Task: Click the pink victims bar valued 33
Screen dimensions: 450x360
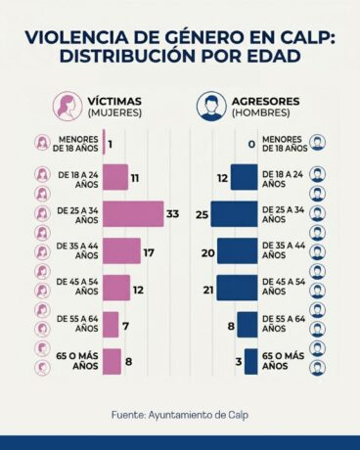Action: [x=133, y=213]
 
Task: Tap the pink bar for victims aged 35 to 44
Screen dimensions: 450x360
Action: [x=121, y=250]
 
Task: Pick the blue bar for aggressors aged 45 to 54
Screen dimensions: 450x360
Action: [x=237, y=288]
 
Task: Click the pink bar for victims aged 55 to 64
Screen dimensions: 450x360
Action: [x=111, y=324]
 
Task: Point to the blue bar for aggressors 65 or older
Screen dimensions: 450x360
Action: [x=250, y=361]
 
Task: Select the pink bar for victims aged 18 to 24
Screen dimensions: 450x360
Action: [x=114, y=177]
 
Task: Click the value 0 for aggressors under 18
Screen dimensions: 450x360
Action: [x=251, y=144]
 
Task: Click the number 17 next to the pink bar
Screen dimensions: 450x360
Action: [x=150, y=251]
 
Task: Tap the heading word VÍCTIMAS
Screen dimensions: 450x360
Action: [x=114, y=100]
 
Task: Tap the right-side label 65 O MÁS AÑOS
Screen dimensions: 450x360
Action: [x=284, y=361]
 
